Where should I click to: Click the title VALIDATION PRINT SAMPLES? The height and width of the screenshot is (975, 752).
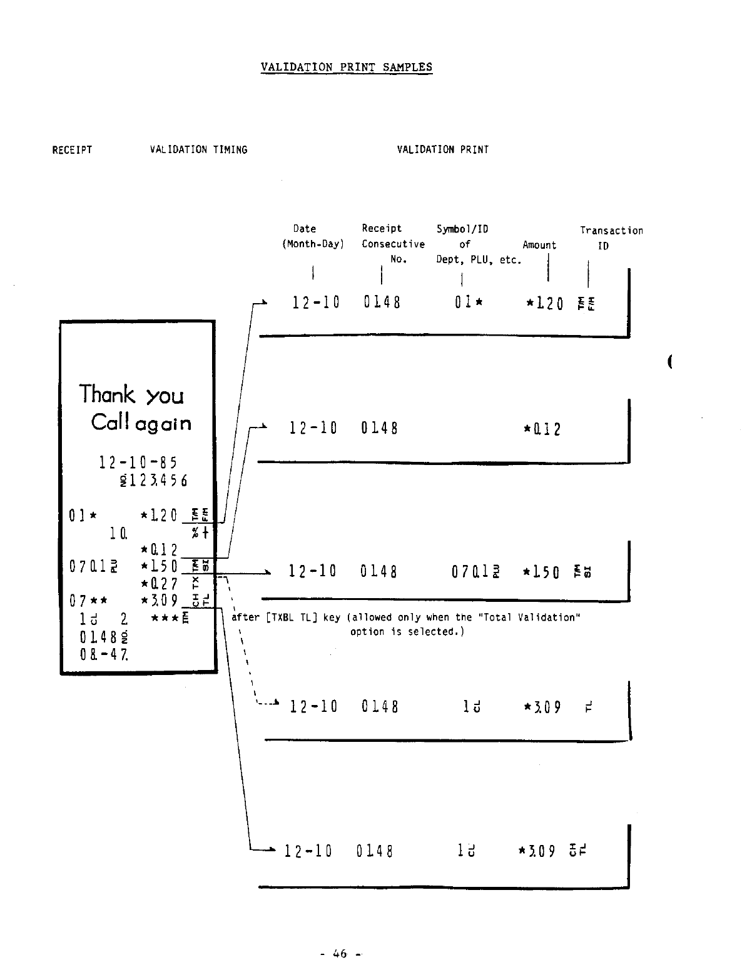click(346, 67)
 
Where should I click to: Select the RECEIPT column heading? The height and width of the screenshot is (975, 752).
click(72, 150)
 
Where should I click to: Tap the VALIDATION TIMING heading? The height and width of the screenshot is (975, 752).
click(198, 150)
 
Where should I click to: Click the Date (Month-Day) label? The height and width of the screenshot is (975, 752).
click(313, 236)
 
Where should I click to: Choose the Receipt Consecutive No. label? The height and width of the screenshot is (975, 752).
click(393, 244)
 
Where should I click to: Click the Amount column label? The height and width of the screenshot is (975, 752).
click(539, 245)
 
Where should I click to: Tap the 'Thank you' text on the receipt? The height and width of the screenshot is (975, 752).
click(131, 395)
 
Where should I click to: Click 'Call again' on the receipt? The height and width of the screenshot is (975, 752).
click(141, 423)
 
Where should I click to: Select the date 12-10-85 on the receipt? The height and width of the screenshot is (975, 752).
click(138, 462)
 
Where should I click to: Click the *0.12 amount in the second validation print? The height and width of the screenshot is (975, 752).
click(542, 429)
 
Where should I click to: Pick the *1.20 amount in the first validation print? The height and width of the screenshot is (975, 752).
click(544, 304)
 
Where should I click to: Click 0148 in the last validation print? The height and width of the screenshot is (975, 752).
click(375, 851)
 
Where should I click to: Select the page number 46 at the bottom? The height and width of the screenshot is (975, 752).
click(340, 954)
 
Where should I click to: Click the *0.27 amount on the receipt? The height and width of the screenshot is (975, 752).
click(160, 584)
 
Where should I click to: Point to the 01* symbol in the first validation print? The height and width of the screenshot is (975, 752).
click(469, 303)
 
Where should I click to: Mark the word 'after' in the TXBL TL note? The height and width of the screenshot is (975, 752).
click(245, 617)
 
